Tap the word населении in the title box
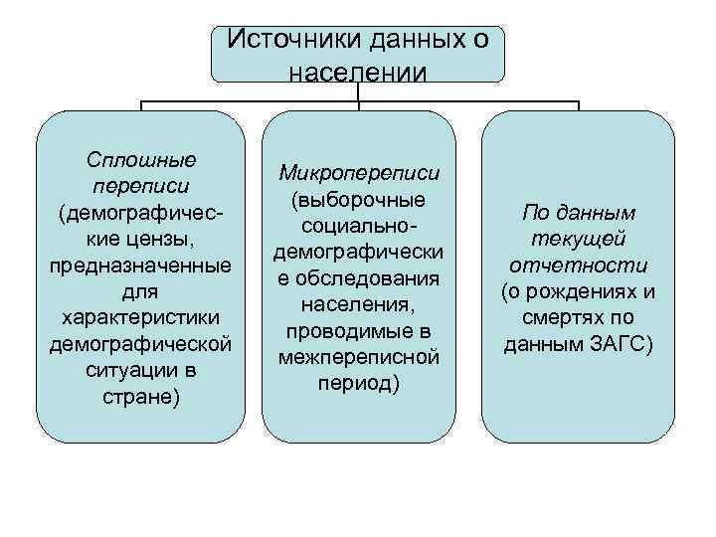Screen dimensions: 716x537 tap(357, 72)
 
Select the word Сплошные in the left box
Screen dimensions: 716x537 tap(140, 159)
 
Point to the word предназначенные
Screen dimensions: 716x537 tap(140, 267)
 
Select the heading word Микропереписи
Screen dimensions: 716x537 tap(359, 173)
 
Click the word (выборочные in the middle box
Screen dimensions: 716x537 tap(359, 199)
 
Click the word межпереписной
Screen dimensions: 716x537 tap(359, 355)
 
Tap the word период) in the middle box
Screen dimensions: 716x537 tap(359, 382)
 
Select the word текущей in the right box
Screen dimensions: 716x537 tap(578, 240)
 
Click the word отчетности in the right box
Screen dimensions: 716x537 tap(578, 267)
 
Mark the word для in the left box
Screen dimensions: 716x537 tap(140, 293)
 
